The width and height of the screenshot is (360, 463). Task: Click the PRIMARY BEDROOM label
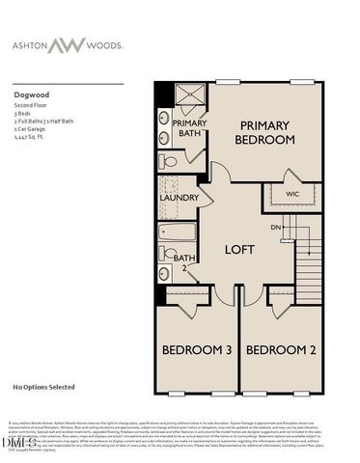point(264,133)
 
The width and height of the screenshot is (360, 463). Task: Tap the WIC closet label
point(293,195)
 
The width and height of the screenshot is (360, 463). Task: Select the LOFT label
point(239,250)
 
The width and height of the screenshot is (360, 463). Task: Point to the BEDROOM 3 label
point(196,349)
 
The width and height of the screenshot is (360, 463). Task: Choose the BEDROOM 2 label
point(280,349)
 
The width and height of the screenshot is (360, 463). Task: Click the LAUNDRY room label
point(179,199)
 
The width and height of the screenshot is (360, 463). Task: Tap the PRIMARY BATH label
point(187,129)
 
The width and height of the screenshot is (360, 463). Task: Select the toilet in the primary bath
point(169,162)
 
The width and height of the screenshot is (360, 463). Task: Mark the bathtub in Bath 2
point(179,232)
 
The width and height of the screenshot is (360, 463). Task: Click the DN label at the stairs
point(275,227)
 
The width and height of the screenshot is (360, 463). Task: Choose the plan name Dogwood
point(32,95)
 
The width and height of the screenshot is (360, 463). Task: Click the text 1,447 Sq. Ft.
point(31,139)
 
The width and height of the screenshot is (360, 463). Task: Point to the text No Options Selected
point(43,387)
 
